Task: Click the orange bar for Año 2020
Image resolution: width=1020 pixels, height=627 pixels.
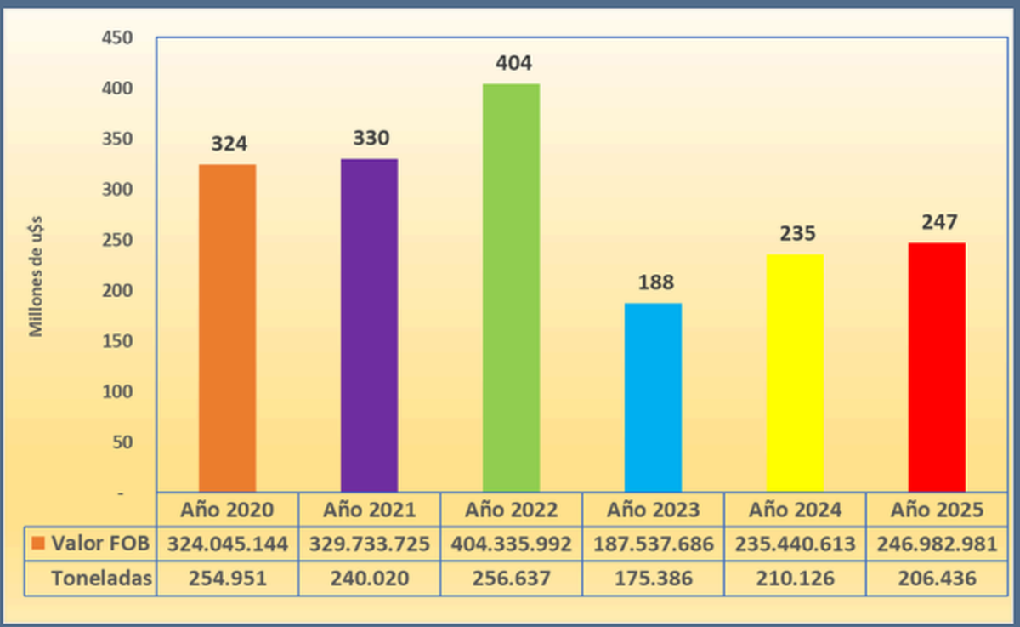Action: (x=227, y=328)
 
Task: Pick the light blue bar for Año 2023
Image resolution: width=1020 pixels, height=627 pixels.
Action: (x=653, y=397)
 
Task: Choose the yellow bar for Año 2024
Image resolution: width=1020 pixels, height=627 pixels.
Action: (x=795, y=373)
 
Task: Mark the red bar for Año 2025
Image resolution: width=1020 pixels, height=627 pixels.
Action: (x=937, y=367)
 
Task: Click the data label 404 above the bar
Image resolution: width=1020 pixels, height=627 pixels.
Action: (x=511, y=64)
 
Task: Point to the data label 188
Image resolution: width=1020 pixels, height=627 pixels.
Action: (x=653, y=283)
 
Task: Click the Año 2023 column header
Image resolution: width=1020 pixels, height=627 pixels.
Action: (x=653, y=510)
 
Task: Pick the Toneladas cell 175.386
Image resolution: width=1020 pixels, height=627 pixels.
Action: (x=653, y=579)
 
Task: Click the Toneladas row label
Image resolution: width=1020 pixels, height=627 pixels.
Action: (x=101, y=579)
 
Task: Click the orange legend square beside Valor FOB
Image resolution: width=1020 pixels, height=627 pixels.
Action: (x=37, y=544)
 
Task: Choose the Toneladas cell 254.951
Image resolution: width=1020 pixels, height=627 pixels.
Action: (x=227, y=579)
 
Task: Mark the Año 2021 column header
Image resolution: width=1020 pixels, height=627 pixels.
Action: (x=369, y=510)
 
